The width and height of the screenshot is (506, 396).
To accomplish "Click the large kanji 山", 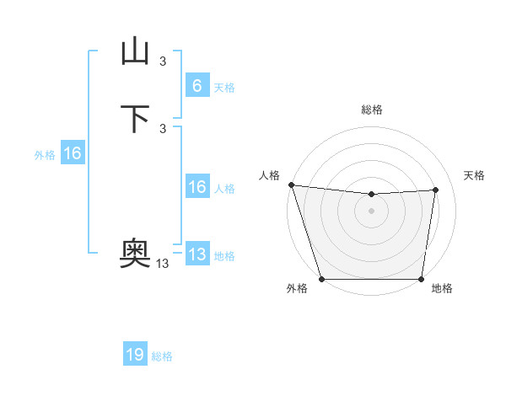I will (x=135, y=51).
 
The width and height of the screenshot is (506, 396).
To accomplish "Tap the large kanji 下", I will (x=135, y=119).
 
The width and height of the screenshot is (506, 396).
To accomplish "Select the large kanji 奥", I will (x=135, y=252).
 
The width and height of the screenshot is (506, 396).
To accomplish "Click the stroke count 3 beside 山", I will (x=163, y=61).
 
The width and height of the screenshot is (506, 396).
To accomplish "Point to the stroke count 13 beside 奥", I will (x=163, y=264).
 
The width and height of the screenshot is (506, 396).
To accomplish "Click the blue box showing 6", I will (x=196, y=86).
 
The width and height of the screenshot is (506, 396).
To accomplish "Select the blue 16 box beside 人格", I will (x=196, y=188).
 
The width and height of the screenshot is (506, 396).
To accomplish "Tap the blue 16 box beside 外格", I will (x=72, y=154).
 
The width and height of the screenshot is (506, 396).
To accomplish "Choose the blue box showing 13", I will (x=196, y=254).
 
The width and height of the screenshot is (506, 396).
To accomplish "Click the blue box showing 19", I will (x=135, y=355).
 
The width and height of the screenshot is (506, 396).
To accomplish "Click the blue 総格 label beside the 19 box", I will (x=162, y=356).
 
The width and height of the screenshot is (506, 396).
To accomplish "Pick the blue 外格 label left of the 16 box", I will (x=45, y=155).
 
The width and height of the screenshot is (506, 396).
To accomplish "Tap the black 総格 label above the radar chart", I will (x=372, y=110).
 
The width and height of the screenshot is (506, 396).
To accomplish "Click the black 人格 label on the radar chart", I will (x=269, y=175).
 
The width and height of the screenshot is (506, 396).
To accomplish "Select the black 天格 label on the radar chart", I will (x=474, y=175).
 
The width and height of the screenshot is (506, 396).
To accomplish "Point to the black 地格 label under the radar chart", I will (x=442, y=289).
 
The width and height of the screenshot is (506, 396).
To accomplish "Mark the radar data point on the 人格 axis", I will (x=291, y=185).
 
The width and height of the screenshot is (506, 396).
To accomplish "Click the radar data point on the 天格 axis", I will (x=436, y=190).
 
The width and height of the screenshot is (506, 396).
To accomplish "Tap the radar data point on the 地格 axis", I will (x=422, y=279).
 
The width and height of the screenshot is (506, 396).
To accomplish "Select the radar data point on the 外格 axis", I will (x=321, y=279).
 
